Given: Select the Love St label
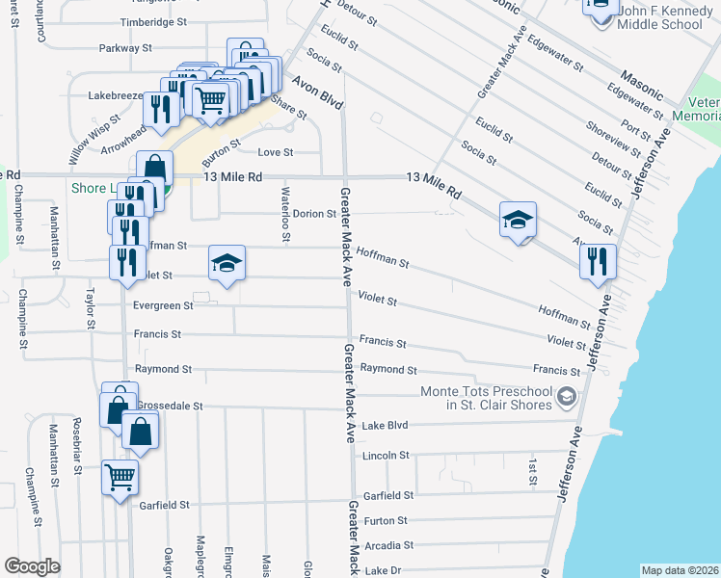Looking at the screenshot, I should [x=275, y=152].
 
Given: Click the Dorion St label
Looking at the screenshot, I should [x=313, y=214].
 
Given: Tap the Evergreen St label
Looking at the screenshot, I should [x=165, y=305].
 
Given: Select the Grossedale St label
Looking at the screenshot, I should [x=171, y=407].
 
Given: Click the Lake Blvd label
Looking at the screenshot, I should [x=385, y=425].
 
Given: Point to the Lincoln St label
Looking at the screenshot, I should [x=386, y=455].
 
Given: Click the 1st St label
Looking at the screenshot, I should [x=531, y=471].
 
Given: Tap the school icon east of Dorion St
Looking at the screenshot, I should [x=517, y=221].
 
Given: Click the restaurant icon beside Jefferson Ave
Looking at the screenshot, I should [x=598, y=261].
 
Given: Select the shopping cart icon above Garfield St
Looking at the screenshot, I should [x=120, y=477].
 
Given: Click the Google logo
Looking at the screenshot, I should [x=32, y=566].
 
